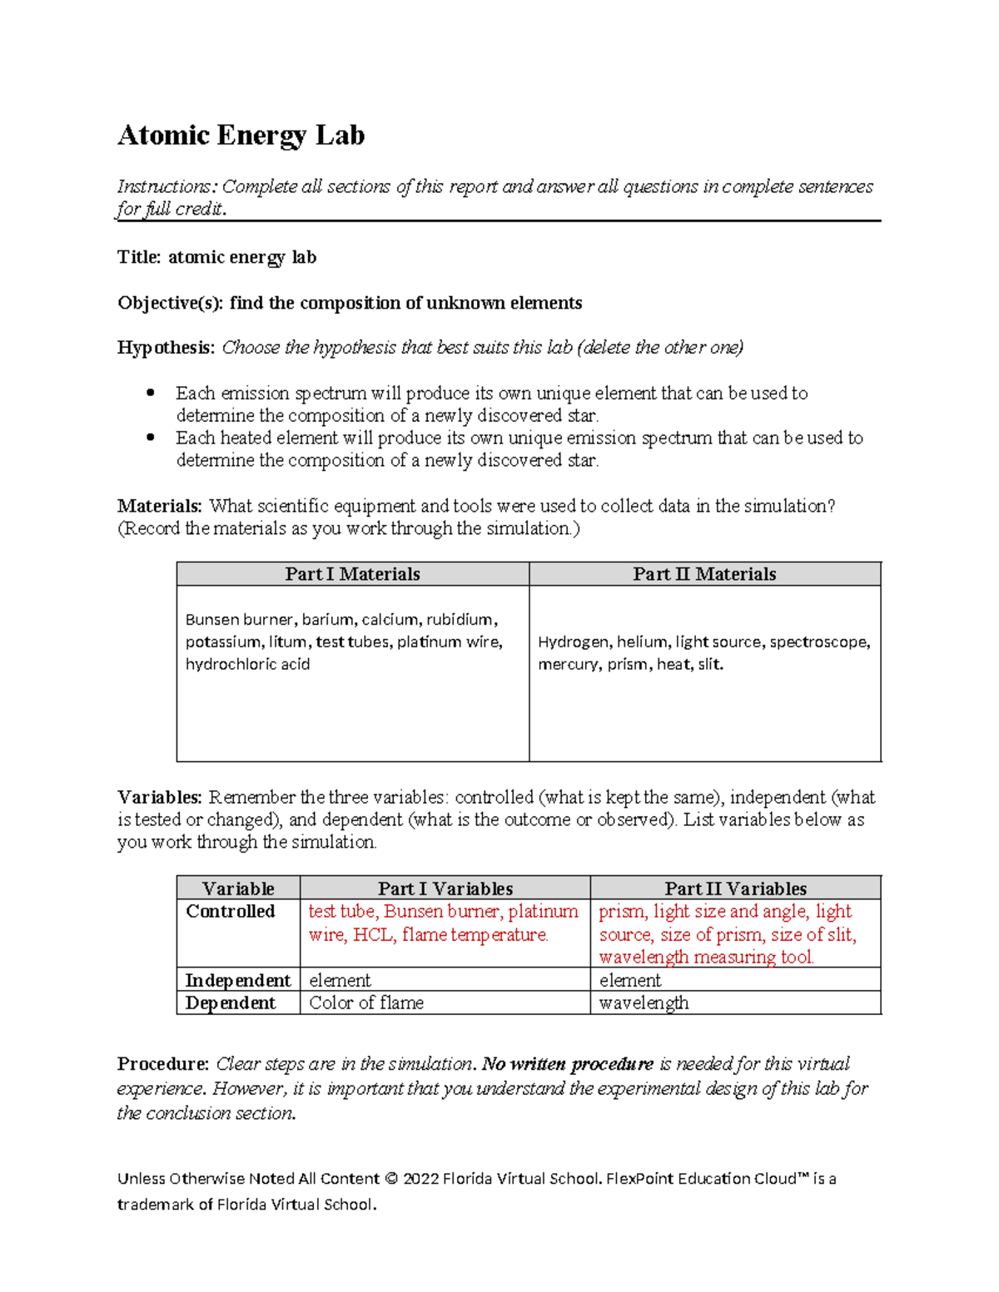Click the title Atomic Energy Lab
pyautogui.click(x=241, y=135)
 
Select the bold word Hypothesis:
pyautogui.click(x=166, y=348)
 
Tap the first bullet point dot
pyautogui.click(x=151, y=393)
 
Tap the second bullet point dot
pyautogui.click(x=151, y=438)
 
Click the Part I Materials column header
pyautogui.click(x=352, y=574)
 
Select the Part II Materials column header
pyautogui.click(x=704, y=574)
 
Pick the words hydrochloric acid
pyautogui.click(x=247, y=665)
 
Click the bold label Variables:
pyautogui.click(x=159, y=797)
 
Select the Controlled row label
pyautogui.click(x=230, y=912)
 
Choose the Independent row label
pyautogui.click(x=237, y=981)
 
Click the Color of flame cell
pyautogui.click(x=366, y=1003)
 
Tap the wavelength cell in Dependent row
pyautogui.click(x=644, y=1003)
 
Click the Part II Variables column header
pyautogui.click(x=735, y=889)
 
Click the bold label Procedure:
pyautogui.click(x=162, y=1064)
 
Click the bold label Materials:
pyautogui.click(x=159, y=506)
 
